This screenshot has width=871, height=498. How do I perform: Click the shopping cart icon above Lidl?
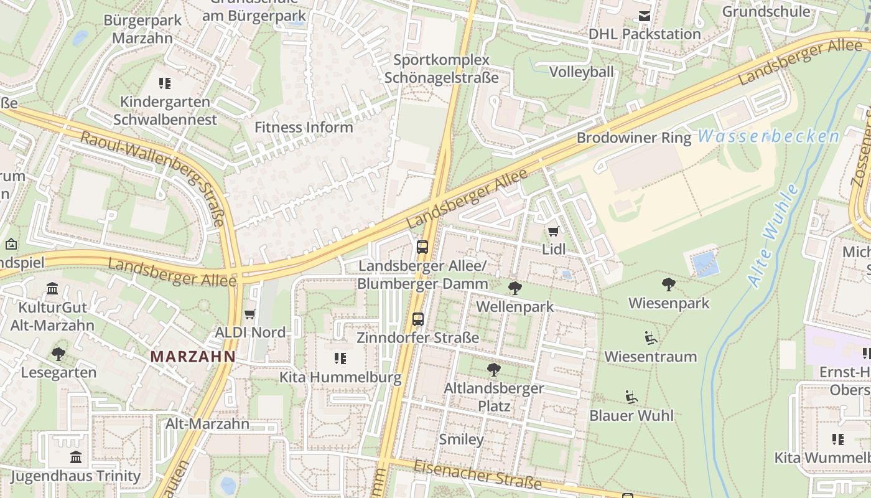pyautogui.click(x=553, y=232)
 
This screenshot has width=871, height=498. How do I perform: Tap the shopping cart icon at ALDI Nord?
pyautogui.click(x=250, y=314)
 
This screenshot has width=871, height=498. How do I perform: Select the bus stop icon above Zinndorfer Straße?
pyautogui.click(x=418, y=319)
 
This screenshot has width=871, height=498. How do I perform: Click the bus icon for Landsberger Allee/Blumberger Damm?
pyautogui.click(x=422, y=247)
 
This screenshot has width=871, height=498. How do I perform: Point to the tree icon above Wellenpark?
pyautogui.click(x=515, y=288)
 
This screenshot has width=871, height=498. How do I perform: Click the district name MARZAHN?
pyautogui.click(x=193, y=357)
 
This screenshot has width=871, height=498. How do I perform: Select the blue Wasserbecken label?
pyautogui.click(x=768, y=136)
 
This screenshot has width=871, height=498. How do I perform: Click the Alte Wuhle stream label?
pyautogui.click(x=773, y=236)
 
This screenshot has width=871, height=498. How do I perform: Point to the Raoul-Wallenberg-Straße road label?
pyautogui.click(x=153, y=177)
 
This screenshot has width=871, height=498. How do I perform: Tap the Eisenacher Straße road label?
pyautogui.click(x=478, y=474)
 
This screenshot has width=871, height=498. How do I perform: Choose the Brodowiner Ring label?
pyautogui.click(x=634, y=138)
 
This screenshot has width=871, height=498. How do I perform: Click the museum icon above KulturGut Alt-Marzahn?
pyautogui.click(x=52, y=289)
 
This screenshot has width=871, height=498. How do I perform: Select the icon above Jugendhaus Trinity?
pyautogui.click(x=76, y=458)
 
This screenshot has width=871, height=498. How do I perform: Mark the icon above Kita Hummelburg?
pyautogui.click(x=340, y=359)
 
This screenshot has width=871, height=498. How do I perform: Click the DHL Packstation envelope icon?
pyautogui.click(x=645, y=16)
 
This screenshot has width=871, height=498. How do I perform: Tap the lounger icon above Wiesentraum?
pyautogui.click(x=651, y=338)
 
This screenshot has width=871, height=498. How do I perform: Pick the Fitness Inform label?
pyautogui.click(x=304, y=128)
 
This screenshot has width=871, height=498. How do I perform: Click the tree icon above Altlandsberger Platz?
pyautogui.click(x=493, y=370)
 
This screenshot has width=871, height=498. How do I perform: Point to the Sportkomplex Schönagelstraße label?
pyautogui.click(x=441, y=69)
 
